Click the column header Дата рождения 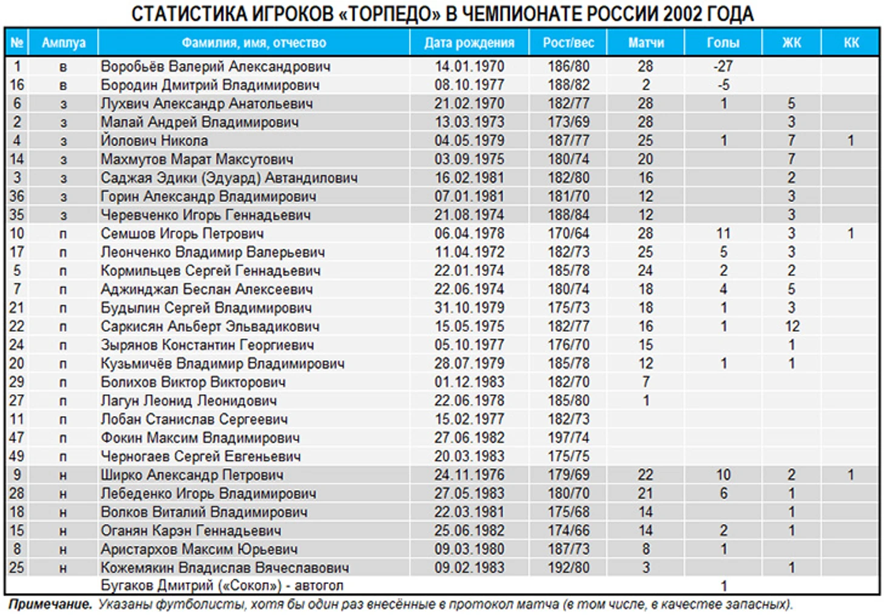click(x=469, y=43)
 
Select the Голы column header click(x=723, y=43)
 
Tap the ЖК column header click(x=791, y=43)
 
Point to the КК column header click(x=851, y=43)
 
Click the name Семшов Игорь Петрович click(x=182, y=234)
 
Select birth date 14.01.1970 click(x=469, y=66)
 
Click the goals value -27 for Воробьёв click(x=723, y=66)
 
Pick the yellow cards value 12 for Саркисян click(x=792, y=326)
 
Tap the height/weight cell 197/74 click(x=568, y=438)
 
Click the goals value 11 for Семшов click(x=723, y=234)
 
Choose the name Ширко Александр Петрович click(x=192, y=475)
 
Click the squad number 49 click(x=17, y=456)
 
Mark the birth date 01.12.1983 click(x=469, y=382)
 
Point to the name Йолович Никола click(x=154, y=141)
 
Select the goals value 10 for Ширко click(x=723, y=475)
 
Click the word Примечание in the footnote click(x=50, y=605)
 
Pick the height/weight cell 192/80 click(x=568, y=568)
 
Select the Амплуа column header click(x=63, y=43)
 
